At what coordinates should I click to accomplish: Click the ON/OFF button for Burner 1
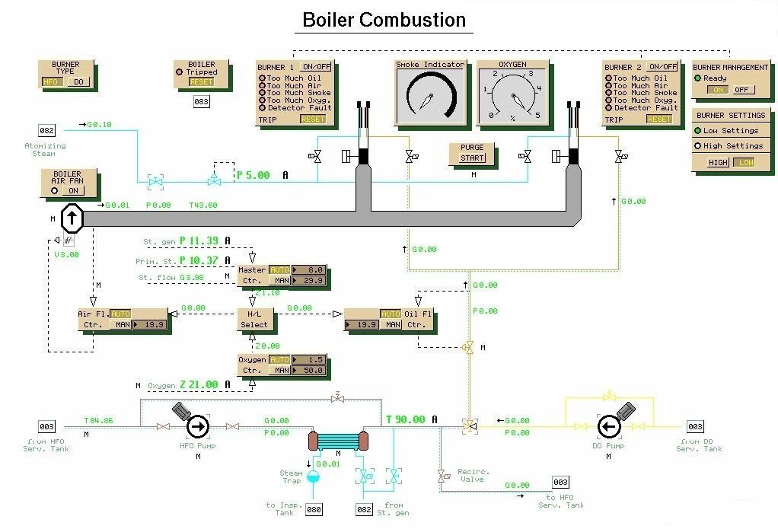click(314, 66)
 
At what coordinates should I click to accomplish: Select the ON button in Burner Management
click(716, 90)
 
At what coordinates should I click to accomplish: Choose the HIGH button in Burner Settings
click(718, 163)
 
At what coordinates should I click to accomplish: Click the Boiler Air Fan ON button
click(73, 191)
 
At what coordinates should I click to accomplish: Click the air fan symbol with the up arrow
click(72, 219)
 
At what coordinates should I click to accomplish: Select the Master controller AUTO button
click(279, 269)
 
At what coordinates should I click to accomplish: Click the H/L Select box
click(253, 319)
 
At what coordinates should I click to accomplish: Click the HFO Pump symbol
click(197, 427)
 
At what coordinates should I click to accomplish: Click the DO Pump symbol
click(609, 426)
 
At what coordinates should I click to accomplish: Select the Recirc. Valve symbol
click(441, 477)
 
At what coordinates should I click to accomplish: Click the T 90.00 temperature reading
click(407, 419)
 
